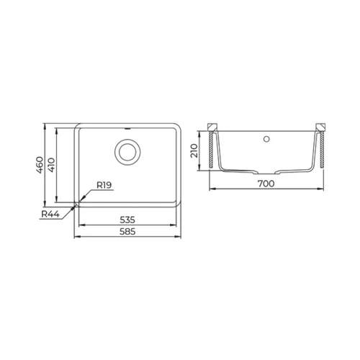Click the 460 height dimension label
pos(40,165)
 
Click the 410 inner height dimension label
pos(51,165)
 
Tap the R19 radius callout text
pos(104,185)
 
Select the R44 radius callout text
pos(50,214)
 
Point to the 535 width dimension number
pos(127,220)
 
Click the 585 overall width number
pos(127,232)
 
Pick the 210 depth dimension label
pos(194,150)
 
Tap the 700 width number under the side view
pos(266,184)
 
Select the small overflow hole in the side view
pos(266,139)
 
